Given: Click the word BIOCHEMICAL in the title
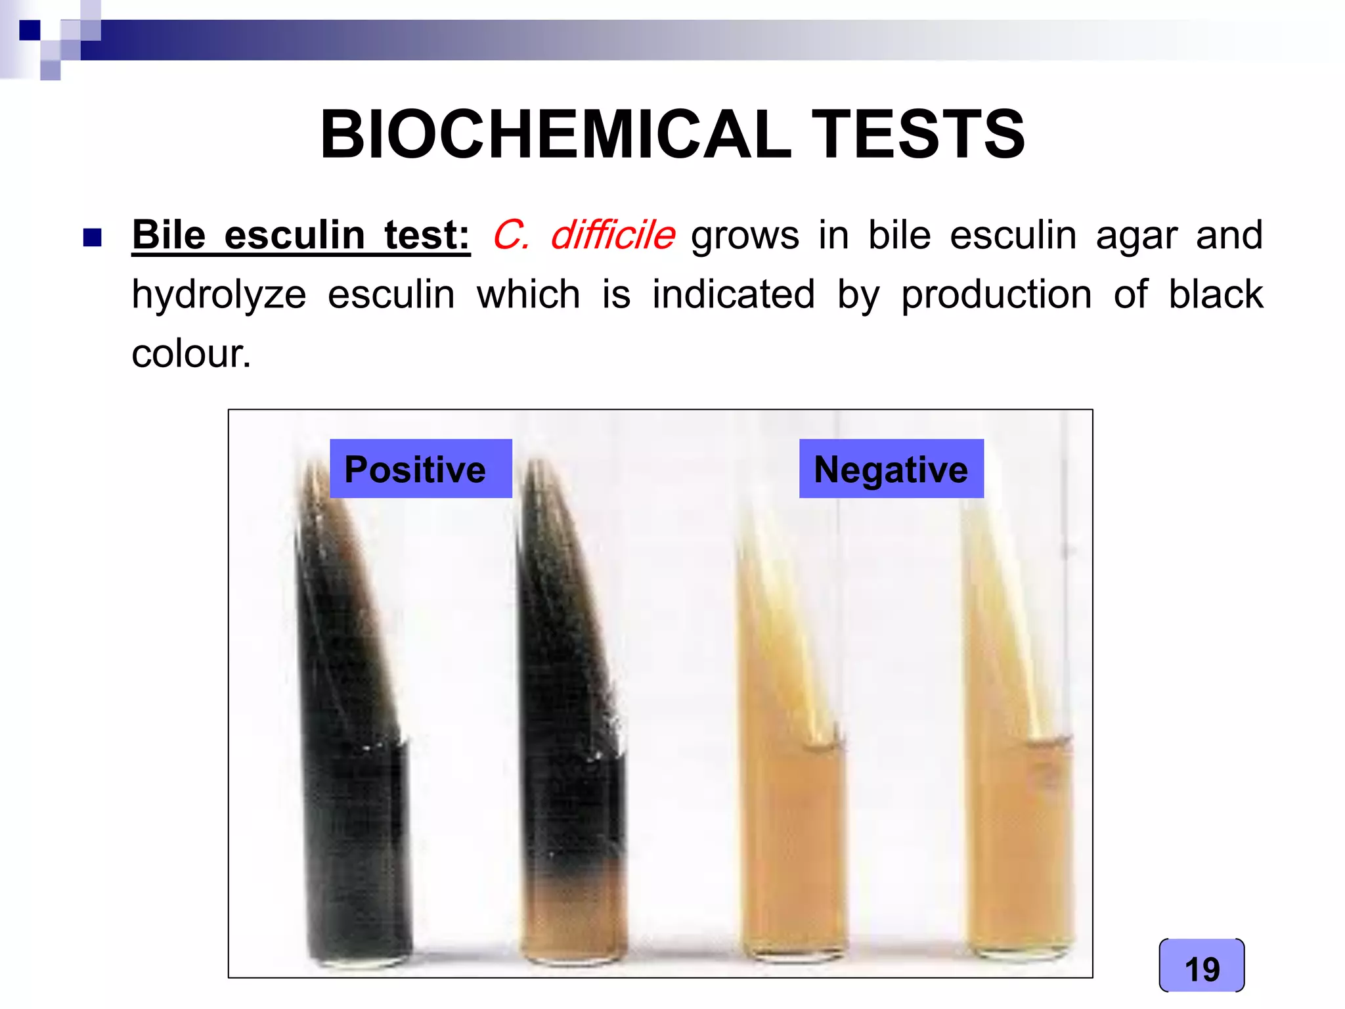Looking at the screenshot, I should tap(555, 135).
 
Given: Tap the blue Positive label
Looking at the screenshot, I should tap(420, 469).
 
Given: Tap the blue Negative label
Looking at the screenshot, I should tap(891, 469).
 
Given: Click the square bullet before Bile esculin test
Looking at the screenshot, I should tap(93, 237).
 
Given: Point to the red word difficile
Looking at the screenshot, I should tap(613, 235).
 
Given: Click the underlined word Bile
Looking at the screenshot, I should tap(169, 235).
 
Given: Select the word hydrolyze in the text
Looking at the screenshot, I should tap(219, 295).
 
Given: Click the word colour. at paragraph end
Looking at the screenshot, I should tap(191, 354).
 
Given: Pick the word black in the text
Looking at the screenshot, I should tap(1215, 294).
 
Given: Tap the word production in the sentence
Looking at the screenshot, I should tap(996, 294).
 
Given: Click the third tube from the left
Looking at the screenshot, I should tap(791, 821).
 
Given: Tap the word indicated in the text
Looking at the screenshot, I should tap(733, 294).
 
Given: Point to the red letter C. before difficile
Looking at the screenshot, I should tap(511, 235).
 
